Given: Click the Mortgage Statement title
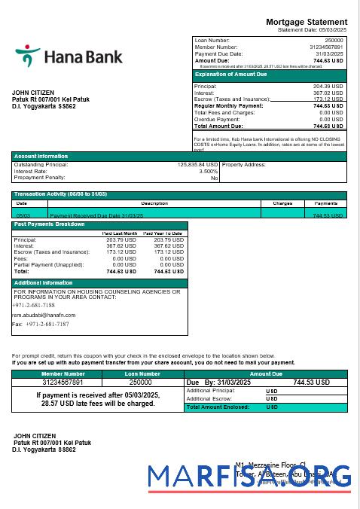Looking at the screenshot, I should click(307, 22).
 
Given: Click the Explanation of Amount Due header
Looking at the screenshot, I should click(230, 75).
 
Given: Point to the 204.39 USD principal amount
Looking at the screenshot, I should click(328, 87).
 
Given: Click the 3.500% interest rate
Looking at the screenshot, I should click(209, 171).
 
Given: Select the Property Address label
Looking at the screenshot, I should click(244, 164).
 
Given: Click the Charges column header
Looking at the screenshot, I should click(282, 203).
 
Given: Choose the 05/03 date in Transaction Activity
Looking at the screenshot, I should click(22, 215).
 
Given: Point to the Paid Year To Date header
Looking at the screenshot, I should click(163, 233).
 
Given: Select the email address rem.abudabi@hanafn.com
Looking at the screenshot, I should click(44, 315).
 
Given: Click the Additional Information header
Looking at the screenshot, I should click(44, 282).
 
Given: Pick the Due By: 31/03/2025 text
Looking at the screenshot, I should click(215, 383).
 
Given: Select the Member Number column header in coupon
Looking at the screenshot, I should click(63, 373).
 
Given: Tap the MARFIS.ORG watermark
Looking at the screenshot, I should click(249, 477).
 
